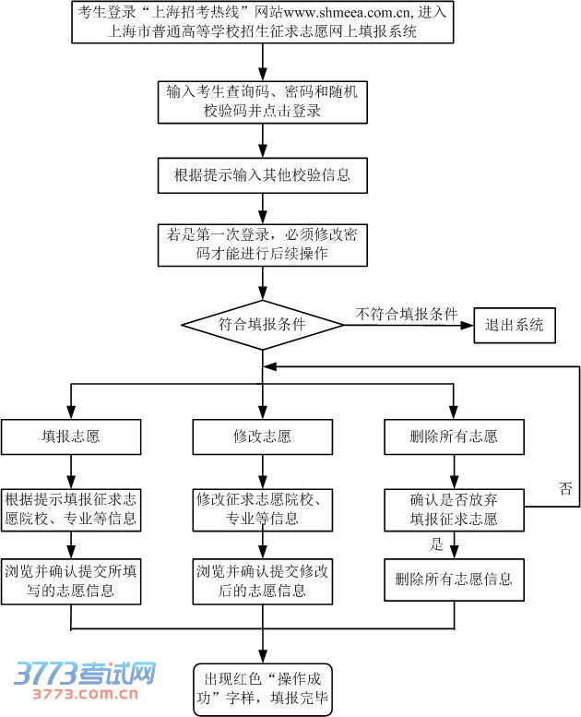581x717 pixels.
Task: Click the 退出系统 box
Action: [515, 325]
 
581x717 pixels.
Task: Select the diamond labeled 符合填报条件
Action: [263, 325]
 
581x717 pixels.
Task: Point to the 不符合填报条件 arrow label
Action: [407, 314]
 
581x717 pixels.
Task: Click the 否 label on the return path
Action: [565, 488]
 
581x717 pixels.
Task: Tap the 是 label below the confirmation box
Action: [437, 544]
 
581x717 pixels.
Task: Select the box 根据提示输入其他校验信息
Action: [263, 173]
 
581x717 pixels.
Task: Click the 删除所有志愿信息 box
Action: [454, 580]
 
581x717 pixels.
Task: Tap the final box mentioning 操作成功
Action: [263, 689]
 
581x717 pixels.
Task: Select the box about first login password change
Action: [263, 245]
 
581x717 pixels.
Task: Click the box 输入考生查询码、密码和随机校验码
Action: [263, 102]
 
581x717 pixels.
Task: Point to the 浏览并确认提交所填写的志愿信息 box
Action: [71, 580]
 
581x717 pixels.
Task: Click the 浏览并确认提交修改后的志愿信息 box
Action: [263, 580]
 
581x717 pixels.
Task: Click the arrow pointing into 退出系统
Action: [466, 325]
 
